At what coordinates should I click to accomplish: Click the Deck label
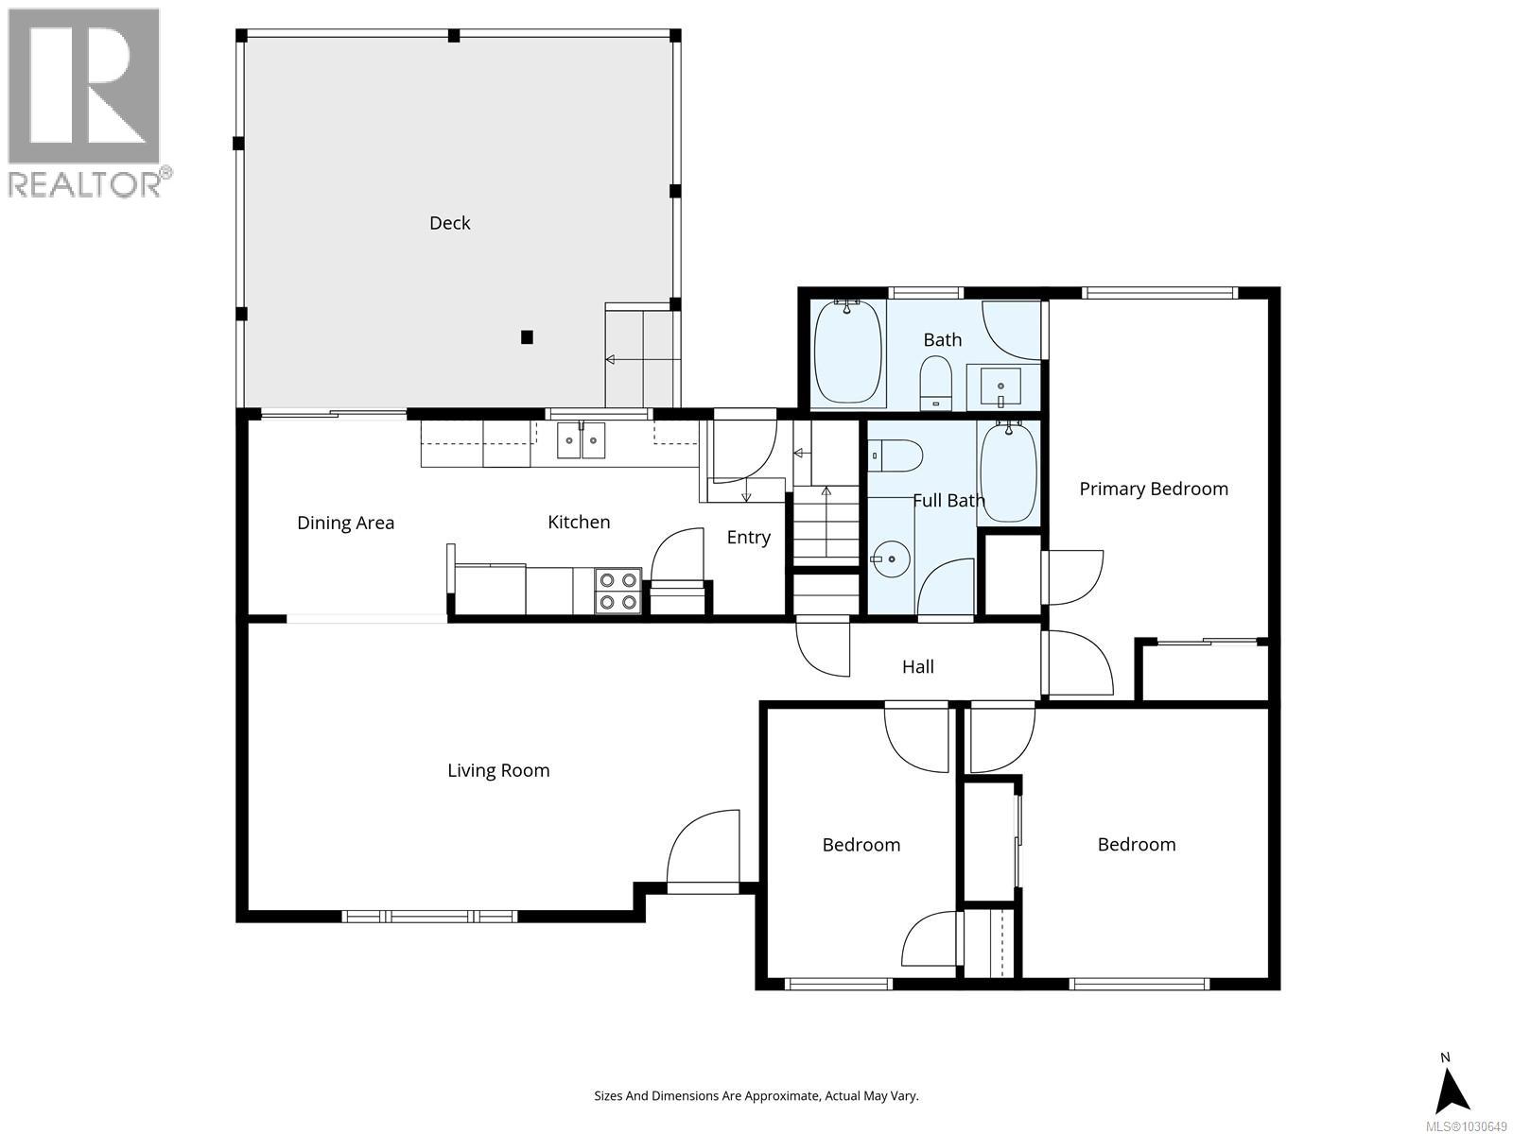point(449,223)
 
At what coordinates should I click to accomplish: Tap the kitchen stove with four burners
point(617,592)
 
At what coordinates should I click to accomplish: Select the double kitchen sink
point(581,440)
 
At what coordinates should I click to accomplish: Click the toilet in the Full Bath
point(895,456)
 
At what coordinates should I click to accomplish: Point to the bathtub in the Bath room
point(848,352)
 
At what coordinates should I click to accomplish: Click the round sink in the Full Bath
point(890,560)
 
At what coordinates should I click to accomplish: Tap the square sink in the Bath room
point(1000,387)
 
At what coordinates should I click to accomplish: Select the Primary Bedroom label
point(1154,489)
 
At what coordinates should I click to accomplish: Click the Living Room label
point(498,770)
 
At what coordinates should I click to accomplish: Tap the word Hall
point(917,667)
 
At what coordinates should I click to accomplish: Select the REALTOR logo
point(86,102)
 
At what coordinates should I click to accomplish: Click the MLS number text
point(1465,1126)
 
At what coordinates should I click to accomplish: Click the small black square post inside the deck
point(528,337)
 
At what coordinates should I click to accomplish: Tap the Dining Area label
point(345,523)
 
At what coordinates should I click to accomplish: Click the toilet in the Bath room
point(936,381)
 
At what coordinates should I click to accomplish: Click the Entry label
point(748,538)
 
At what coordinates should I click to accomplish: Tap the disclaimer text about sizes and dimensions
point(756,1096)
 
